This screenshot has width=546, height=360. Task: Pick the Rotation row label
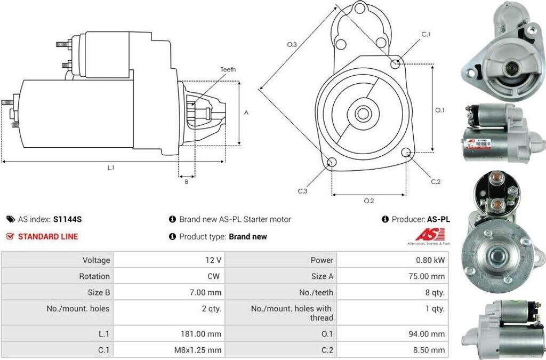tap(95, 276)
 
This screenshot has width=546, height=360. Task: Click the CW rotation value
tap(214, 276)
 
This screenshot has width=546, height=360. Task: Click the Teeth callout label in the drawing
tap(228, 69)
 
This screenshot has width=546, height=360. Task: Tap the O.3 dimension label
tap(291, 45)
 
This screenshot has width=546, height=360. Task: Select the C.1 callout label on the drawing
tap(425, 35)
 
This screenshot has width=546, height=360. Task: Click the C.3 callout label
tap(302, 191)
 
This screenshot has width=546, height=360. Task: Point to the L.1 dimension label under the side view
tap(111, 168)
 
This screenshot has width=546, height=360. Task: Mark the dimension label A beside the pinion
tap(246, 113)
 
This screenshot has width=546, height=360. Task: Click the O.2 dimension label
tap(368, 201)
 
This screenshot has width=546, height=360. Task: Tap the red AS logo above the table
tap(425, 235)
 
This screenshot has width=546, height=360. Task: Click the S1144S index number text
tap(67, 219)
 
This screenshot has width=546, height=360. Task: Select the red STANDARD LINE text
tap(48, 236)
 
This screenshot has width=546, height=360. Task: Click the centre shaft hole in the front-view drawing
tap(364, 113)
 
